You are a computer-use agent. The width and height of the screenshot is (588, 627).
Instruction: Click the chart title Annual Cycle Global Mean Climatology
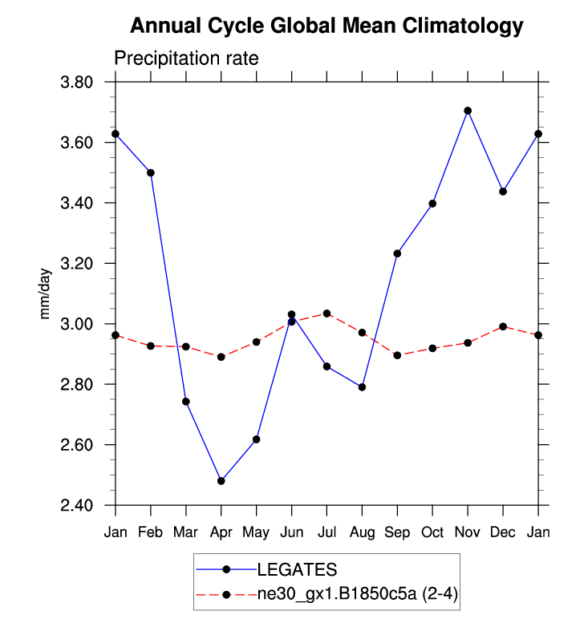[x=326, y=26]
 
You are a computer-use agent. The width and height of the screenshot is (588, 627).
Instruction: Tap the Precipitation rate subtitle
[x=186, y=59]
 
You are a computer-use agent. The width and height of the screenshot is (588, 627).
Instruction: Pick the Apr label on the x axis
[x=221, y=532]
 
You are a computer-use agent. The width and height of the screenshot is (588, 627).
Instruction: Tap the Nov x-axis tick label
[x=468, y=532]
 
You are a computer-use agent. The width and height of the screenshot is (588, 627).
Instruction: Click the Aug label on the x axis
[x=362, y=532]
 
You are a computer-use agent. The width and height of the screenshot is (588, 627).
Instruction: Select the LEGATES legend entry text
[x=297, y=570]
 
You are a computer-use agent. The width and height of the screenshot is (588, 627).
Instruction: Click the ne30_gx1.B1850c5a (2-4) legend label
[x=358, y=594]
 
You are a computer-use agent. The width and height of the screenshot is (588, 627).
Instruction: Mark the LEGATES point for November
[x=468, y=111]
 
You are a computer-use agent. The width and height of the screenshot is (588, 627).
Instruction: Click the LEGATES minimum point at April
[x=221, y=481]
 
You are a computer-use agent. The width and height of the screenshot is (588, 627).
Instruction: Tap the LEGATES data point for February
[x=151, y=172]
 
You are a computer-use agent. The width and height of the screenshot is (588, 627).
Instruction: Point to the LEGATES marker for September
[x=397, y=253]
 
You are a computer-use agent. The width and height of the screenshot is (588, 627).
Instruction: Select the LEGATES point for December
[x=503, y=192]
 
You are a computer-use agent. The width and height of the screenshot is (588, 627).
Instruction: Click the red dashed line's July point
[x=326, y=313]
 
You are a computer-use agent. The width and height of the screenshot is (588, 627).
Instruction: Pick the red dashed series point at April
[x=221, y=357]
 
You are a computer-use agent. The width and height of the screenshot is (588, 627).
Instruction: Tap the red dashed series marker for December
[x=503, y=326]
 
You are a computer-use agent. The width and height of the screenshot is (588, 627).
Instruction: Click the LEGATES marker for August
[x=362, y=387]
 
